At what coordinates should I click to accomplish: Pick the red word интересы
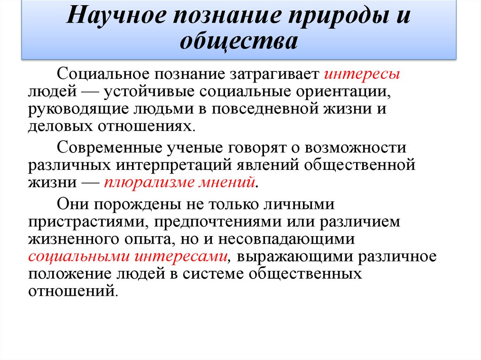tap(362, 74)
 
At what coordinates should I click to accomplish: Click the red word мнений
tap(225, 182)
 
